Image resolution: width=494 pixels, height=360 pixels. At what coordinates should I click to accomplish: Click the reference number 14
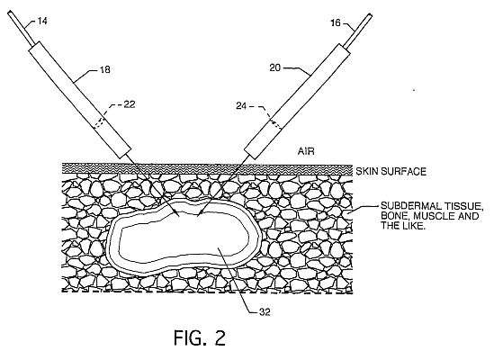(42, 21)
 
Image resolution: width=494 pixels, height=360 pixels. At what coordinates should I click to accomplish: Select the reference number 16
(336, 23)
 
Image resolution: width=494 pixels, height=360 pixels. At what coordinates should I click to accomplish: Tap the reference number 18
(105, 69)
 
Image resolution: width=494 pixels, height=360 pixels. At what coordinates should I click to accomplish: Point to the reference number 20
(274, 67)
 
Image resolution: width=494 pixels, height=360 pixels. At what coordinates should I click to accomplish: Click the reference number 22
(130, 104)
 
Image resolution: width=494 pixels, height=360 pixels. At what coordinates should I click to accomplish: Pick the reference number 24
(241, 106)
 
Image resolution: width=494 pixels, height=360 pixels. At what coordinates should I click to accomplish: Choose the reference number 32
(265, 311)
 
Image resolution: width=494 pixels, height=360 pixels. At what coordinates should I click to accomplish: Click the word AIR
(306, 151)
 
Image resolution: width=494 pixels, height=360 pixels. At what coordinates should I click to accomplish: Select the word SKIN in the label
(367, 172)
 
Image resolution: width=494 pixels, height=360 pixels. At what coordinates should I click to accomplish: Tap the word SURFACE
(404, 172)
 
